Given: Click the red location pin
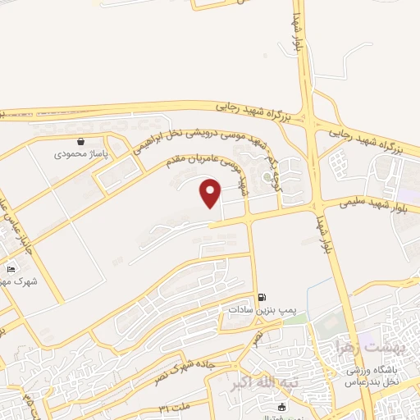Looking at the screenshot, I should pyautogui.click(x=211, y=194).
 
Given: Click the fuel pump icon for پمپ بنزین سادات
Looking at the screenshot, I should pyautogui.click(x=262, y=297).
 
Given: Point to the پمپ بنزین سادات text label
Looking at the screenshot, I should pyautogui.click(x=262, y=310).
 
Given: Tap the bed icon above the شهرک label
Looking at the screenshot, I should pyautogui.click(x=11, y=269).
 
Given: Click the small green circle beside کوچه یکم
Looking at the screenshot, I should pyautogui.click(x=267, y=176).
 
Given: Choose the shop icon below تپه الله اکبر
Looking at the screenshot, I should pyautogui.click(x=281, y=407).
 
